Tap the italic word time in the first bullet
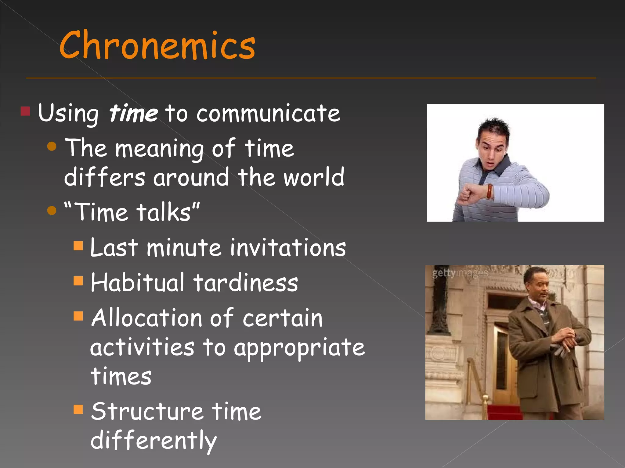[133, 113]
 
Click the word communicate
[268, 113]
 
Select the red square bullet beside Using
[25, 112]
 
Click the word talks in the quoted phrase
[164, 212]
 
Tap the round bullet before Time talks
[52, 211]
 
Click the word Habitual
[138, 282]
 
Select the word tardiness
[246, 282]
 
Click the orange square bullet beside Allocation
[78, 316]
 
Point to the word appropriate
[299, 348]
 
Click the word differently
[154, 441]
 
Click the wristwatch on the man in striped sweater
[490, 192]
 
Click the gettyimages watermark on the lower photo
[460, 273]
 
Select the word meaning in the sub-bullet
[159, 148]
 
